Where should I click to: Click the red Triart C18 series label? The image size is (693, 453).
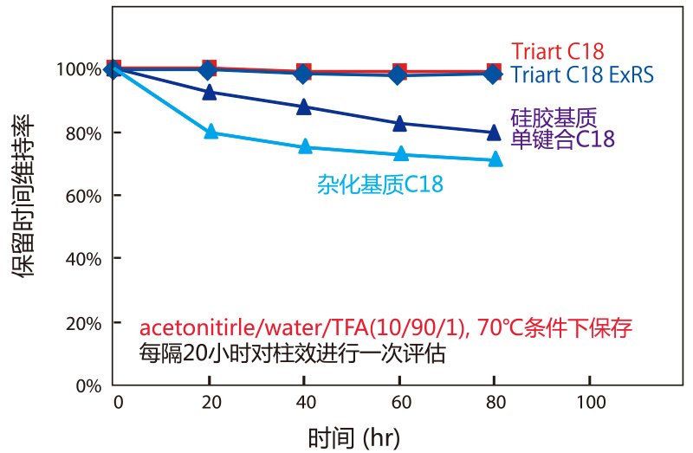[557, 51]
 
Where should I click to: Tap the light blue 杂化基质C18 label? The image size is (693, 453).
[385, 184]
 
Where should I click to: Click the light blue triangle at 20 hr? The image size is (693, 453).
[209, 133]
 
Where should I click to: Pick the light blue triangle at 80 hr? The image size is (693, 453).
[495, 159]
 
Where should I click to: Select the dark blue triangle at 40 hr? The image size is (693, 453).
[304, 107]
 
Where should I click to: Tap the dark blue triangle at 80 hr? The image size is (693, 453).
[494, 133]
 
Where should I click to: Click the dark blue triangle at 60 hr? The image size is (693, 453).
[399, 123]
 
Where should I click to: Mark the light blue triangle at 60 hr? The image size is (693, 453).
[399, 154]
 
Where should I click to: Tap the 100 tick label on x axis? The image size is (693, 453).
[589, 404]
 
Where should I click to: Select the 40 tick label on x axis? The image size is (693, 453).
[304, 404]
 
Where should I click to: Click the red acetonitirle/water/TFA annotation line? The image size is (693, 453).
[386, 330]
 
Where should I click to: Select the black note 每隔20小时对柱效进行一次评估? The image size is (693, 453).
[292, 354]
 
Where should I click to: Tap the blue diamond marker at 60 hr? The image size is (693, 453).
[398, 74]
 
